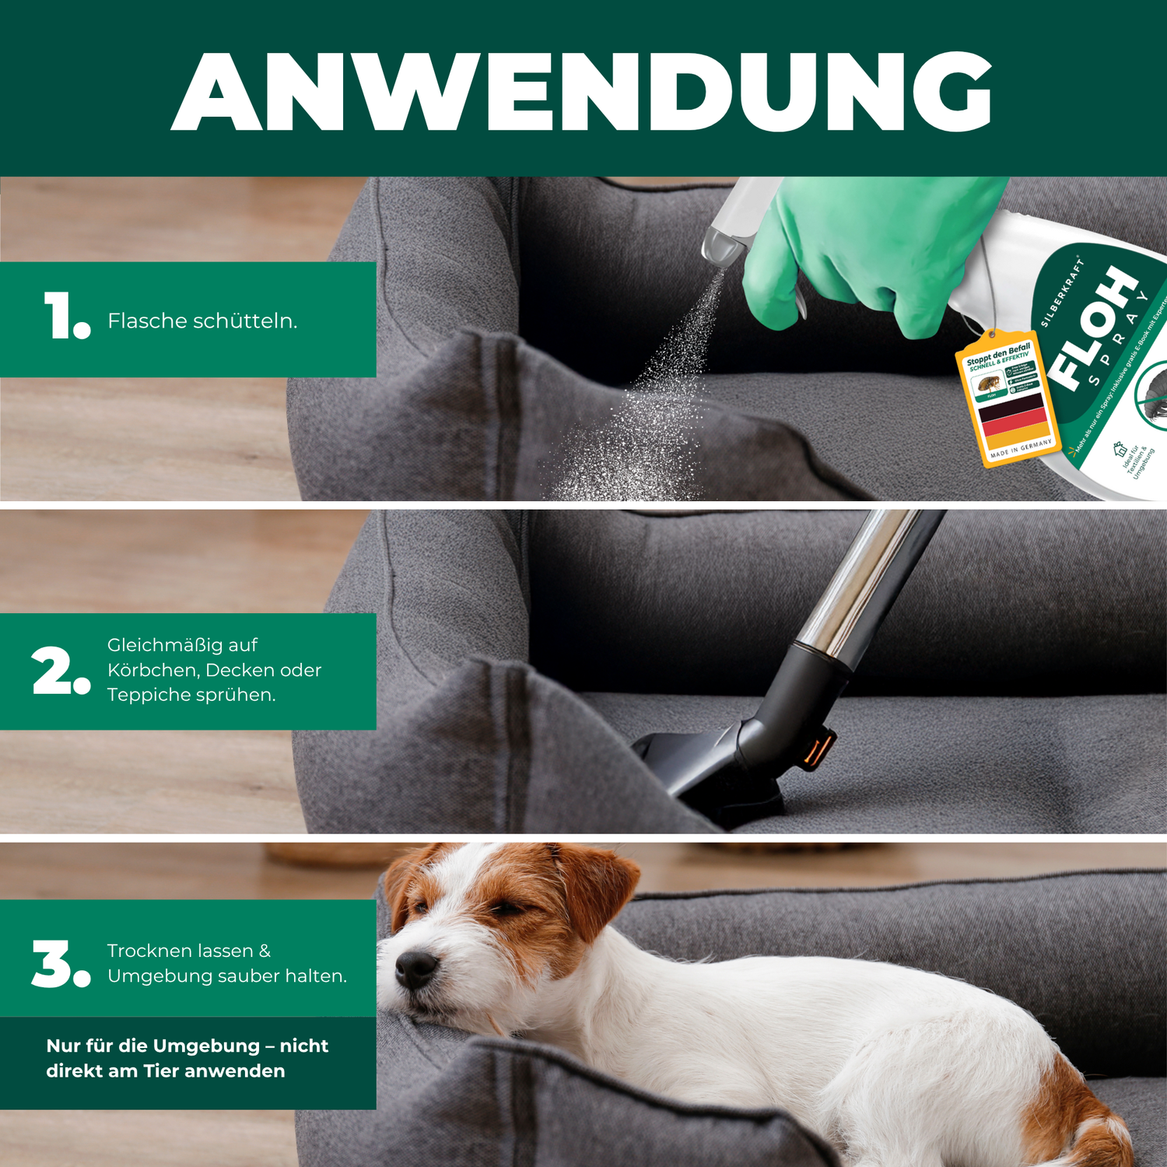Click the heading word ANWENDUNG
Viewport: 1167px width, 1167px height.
tap(582, 92)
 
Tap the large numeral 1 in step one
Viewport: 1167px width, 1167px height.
tap(59, 315)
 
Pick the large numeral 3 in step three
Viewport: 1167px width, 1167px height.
tap(52, 964)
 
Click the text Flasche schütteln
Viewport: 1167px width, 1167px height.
tap(202, 321)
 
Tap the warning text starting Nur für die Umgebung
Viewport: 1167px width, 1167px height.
tap(187, 1058)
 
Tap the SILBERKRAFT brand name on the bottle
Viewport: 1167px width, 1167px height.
tap(1062, 292)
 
